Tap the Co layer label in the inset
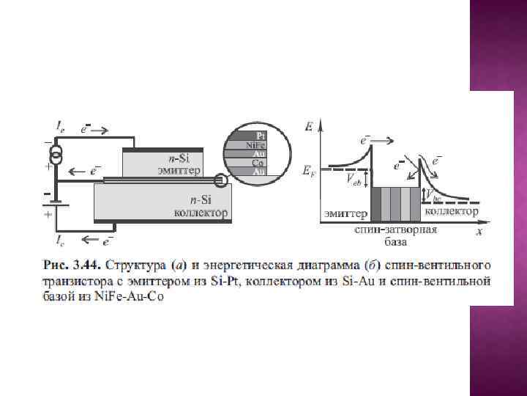coord(258,163)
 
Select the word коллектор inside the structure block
coord(200,213)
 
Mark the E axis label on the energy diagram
coord(310,127)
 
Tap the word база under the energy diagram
coord(395,241)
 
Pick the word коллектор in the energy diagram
coord(452,212)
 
